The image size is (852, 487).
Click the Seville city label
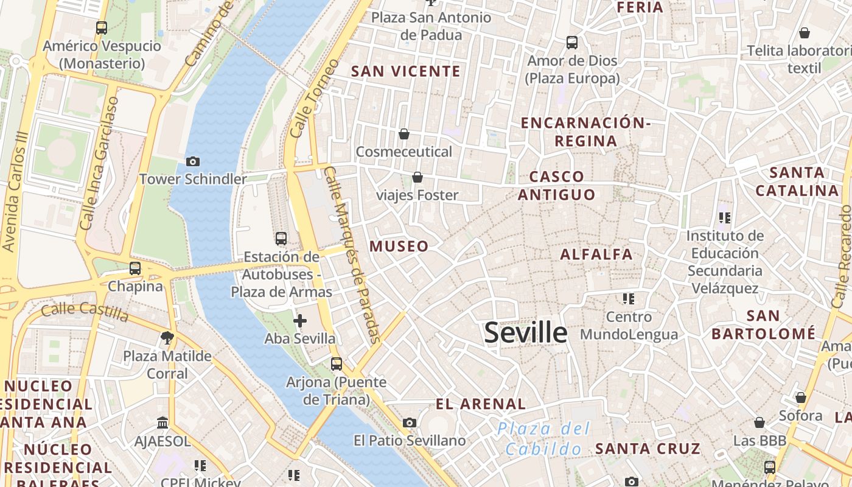tap(526, 333)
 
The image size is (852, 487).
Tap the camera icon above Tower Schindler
tap(193, 161)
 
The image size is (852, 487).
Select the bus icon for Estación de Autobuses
tap(281, 239)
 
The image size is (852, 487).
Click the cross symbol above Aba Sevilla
tap(300, 321)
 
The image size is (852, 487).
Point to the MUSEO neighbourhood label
tap(399, 247)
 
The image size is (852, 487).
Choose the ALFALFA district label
tap(596, 254)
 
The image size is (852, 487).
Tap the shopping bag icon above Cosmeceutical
tap(404, 134)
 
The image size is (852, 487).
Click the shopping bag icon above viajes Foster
tap(417, 178)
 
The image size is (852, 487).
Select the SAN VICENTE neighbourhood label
tap(407, 72)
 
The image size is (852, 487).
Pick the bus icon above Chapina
tap(135, 268)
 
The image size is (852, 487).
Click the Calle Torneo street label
tap(314, 97)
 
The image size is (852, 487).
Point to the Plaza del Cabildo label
tap(544, 439)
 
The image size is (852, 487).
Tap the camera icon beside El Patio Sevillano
tap(410, 422)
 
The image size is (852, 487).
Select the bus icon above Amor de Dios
tap(572, 43)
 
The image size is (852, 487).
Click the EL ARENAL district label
tap(481, 404)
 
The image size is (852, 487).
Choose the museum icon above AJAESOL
tap(162, 422)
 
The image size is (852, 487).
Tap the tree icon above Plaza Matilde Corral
tap(167, 337)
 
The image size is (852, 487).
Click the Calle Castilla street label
tap(85, 312)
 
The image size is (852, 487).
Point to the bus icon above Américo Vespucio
tap(102, 27)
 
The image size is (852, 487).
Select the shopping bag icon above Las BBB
tap(759, 422)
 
